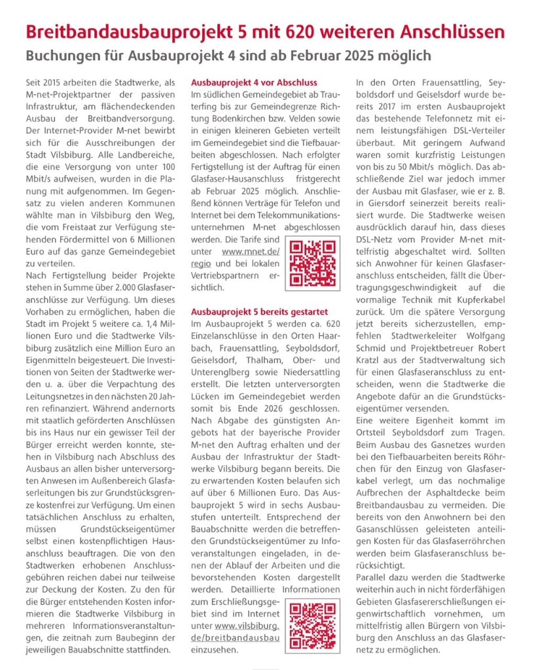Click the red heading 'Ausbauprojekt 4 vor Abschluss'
254,83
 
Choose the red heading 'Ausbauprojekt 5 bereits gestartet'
258,311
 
